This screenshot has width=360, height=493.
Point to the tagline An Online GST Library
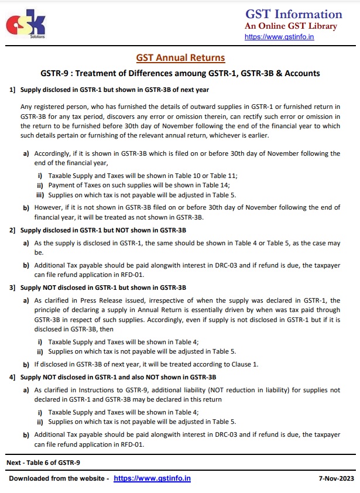pos(291,26)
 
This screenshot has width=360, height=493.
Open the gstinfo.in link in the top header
pos(279,37)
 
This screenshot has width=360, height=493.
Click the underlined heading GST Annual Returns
pos(180,58)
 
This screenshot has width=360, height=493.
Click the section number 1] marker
pos(12,90)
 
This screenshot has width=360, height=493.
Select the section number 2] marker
pos(12,230)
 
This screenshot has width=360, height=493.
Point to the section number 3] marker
pos(12,287)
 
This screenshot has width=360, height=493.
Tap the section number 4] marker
pos(12,377)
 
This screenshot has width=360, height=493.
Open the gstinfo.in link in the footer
pos(152,478)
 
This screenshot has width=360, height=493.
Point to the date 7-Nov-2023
pos(337,478)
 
